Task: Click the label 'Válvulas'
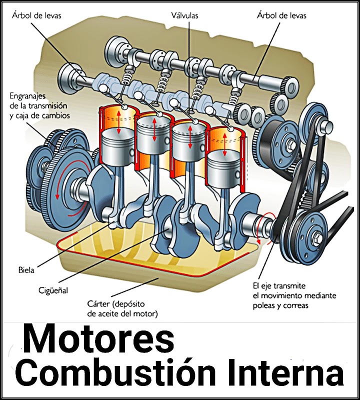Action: click(x=185, y=15)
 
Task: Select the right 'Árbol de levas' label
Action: click(x=281, y=15)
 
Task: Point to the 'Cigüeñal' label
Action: click(x=53, y=290)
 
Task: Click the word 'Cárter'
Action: click(x=100, y=304)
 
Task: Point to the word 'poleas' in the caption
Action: click(x=265, y=305)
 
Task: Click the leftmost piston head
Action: click(x=119, y=141)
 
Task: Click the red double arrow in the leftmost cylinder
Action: click(x=119, y=122)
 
